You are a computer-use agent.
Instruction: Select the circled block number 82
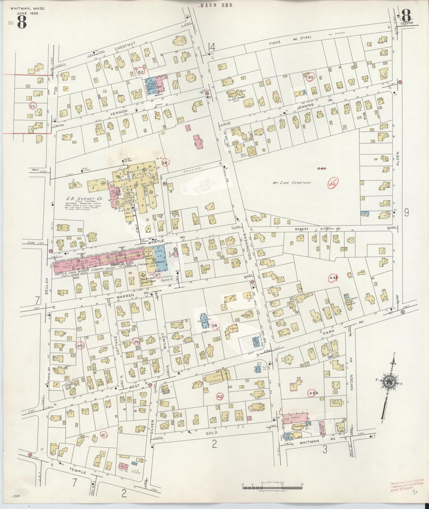[141, 72]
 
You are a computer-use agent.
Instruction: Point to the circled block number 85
[310, 77]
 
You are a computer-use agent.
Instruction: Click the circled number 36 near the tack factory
[165, 163]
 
